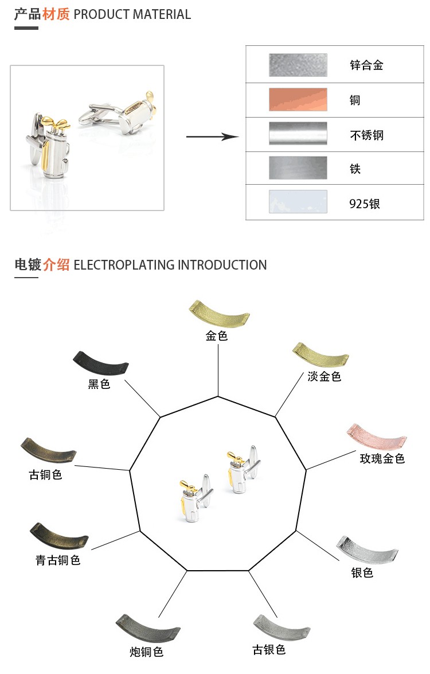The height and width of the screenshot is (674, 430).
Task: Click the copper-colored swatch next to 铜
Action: [298, 99]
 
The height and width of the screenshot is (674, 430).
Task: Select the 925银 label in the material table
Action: [365, 204]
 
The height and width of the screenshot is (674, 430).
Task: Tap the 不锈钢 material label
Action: [366, 135]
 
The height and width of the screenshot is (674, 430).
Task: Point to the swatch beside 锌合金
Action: [298, 65]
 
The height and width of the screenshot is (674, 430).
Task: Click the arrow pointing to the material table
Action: [212, 137]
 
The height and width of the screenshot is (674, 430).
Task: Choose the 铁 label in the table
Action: [355, 169]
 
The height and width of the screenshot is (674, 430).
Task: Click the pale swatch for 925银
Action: [298, 202]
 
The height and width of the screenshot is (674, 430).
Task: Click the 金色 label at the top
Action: [217, 336]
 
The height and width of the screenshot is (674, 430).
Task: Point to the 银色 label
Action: [362, 572]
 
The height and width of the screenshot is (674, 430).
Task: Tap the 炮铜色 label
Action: [146, 652]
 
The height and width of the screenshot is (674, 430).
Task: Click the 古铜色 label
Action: [45, 475]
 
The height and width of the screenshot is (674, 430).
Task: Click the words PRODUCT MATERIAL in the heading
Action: [132, 14]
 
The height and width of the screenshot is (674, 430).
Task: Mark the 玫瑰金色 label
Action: [382, 458]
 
